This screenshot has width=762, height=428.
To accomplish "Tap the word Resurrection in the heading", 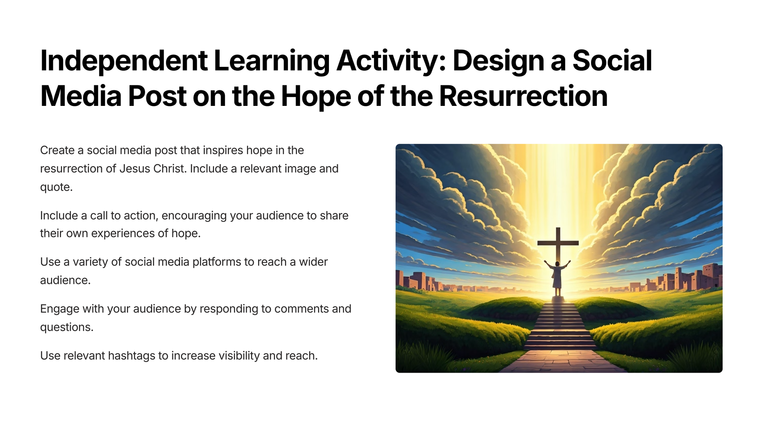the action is point(523,96).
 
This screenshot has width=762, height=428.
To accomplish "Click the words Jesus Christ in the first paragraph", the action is point(153,169).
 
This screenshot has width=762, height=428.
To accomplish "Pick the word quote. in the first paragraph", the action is point(57,187).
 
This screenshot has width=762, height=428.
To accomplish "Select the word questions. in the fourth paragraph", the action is point(67,327).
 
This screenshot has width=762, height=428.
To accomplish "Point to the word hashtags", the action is point(131,356).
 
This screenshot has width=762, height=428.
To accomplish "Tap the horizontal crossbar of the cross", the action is point(558,243).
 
